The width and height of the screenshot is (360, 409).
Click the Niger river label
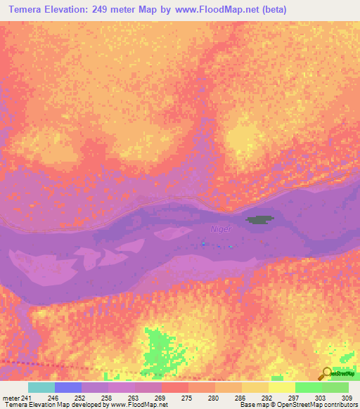[220, 228]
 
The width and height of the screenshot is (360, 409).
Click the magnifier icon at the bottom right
[326, 375]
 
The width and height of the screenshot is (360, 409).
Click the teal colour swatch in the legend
[41, 387]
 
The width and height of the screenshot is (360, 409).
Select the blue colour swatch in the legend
[67, 387]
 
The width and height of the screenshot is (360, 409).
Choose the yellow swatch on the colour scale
[281, 387]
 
